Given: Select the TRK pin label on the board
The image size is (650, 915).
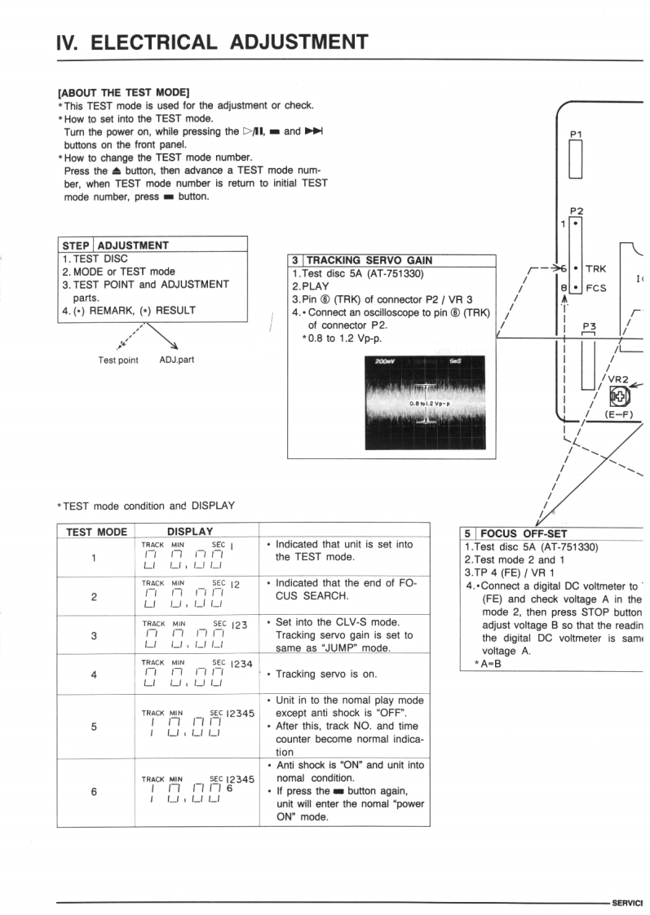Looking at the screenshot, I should point(604,267).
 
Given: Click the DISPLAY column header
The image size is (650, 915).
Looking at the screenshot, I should point(188,532).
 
